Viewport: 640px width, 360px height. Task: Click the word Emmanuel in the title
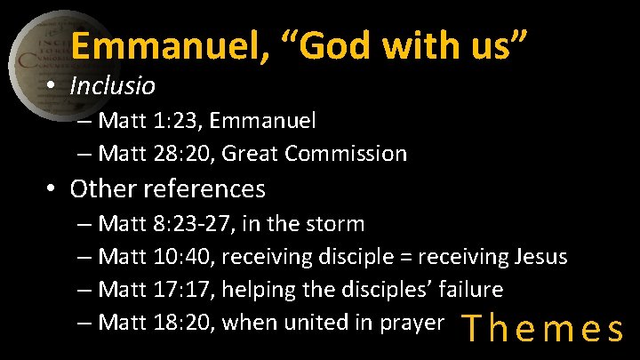tap(164, 47)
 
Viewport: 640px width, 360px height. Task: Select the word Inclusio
tap(112, 86)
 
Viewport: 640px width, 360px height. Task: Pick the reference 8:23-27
tap(200, 222)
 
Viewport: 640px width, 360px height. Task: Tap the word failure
tap(462, 290)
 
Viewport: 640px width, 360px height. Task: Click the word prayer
tap(412, 323)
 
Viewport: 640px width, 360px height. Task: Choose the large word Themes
tap(543, 329)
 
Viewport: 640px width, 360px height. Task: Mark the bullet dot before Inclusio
tap(53, 87)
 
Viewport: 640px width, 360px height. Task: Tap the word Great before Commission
tap(247, 154)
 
